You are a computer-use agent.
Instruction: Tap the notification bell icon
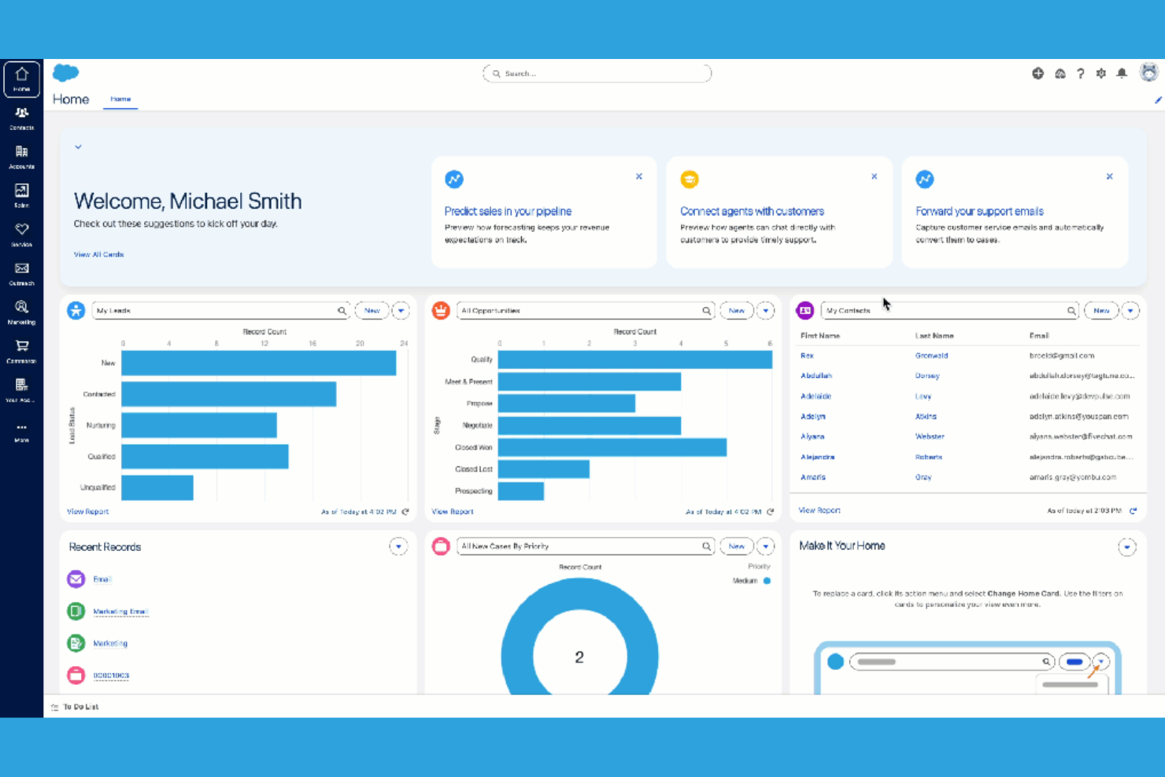pyautogui.click(x=1122, y=73)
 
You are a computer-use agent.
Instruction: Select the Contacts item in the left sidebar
pyautogui.click(x=21, y=117)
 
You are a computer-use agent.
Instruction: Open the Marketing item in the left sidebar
pyautogui.click(x=21, y=312)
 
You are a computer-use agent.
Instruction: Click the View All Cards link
pyautogui.click(x=98, y=254)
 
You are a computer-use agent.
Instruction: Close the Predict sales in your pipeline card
pyautogui.click(x=639, y=176)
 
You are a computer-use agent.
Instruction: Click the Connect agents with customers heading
pyautogui.click(x=752, y=211)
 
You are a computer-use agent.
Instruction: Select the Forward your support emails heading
pyautogui.click(x=979, y=211)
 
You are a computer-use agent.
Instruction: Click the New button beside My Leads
pyautogui.click(x=372, y=311)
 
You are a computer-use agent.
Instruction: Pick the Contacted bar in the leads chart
pyautogui.click(x=228, y=394)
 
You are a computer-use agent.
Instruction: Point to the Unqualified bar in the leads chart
pyautogui.click(x=157, y=487)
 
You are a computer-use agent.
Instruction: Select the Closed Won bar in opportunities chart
pyautogui.click(x=612, y=447)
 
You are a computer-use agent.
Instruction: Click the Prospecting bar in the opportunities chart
pyautogui.click(x=520, y=490)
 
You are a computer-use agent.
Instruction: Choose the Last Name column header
pyautogui.click(x=934, y=336)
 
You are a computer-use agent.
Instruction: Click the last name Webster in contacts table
pyautogui.click(x=930, y=436)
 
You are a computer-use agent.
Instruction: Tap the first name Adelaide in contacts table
pyautogui.click(x=815, y=396)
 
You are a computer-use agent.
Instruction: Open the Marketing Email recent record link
pyautogui.click(x=120, y=612)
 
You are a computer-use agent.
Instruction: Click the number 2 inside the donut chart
pyautogui.click(x=579, y=657)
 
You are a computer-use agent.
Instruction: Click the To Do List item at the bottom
pyautogui.click(x=80, y=707)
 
